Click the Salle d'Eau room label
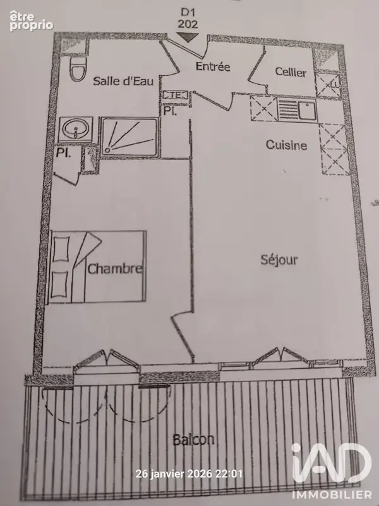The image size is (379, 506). click(x=123, y=81)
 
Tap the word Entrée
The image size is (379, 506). click(x=213, y=66)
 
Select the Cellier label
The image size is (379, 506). click(x=291, y=71)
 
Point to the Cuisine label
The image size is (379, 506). click(x=286, y=145)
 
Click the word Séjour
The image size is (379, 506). click(x=279, y=259)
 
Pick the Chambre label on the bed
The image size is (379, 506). click(x=115, y=268)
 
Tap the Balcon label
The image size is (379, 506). click(x=193, y=440)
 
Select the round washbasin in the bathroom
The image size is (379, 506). click(x=75, y=130)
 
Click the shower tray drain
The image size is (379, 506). click(x=107, y=149)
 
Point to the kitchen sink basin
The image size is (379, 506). click(x=307, y=110)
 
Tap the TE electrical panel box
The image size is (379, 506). click(x=175, y=96)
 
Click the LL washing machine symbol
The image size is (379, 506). click(x=327, y=85)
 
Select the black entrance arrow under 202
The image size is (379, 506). click(x=188, y=37)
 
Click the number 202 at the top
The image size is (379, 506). click(x=188, y=24)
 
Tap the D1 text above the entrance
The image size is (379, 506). click(x=188, y=12)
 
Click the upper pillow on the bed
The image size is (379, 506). click(x=61, y=249)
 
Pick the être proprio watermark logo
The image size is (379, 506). click(x=31, y=21)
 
